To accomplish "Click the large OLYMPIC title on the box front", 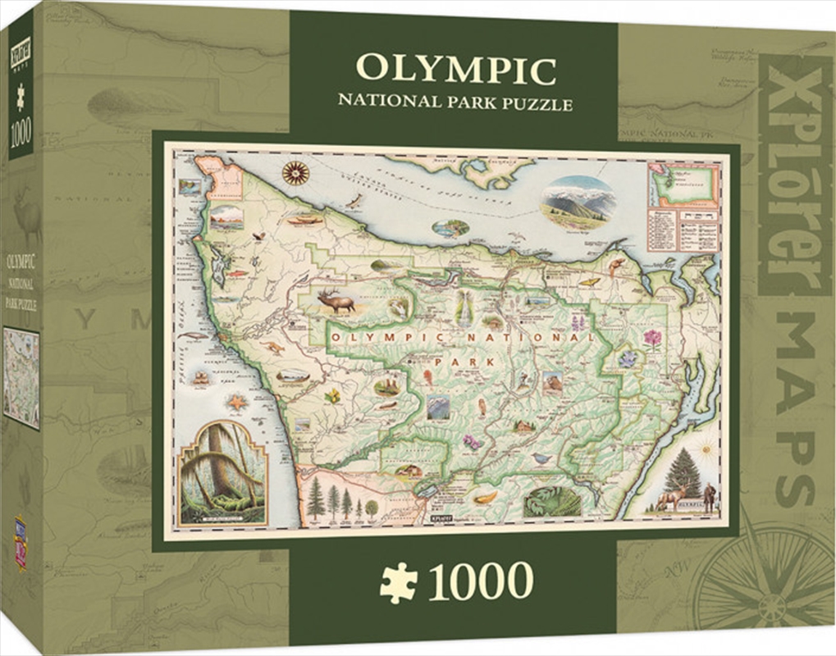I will (455, 70).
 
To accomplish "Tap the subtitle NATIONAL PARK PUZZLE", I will (455, 104).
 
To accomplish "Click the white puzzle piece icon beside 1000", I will (398, 582).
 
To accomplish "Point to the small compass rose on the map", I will (295, 172).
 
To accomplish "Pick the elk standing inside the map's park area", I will (337, 302).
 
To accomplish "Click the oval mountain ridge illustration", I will (578, 201).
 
